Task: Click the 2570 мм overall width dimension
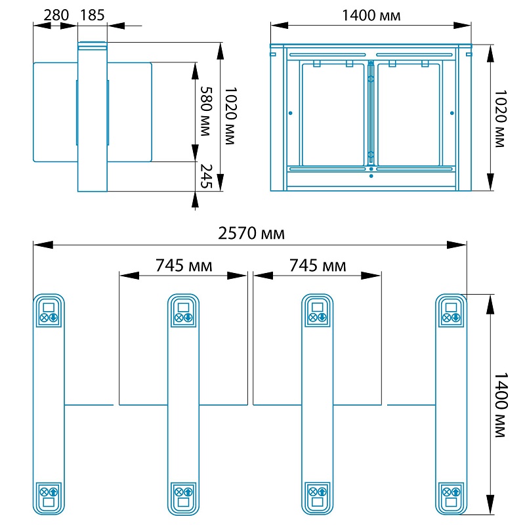[251, 233]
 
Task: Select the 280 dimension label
[56, 15]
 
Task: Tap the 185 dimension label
[93, 15]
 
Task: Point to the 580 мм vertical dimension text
[205, 111]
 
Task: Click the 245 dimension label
[206, 176]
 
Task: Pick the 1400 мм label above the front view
[371, 15]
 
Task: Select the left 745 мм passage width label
[184, 266]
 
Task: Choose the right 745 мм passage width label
[318, 266]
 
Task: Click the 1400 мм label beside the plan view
[501, 405]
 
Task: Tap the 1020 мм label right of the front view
[501, 119]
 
